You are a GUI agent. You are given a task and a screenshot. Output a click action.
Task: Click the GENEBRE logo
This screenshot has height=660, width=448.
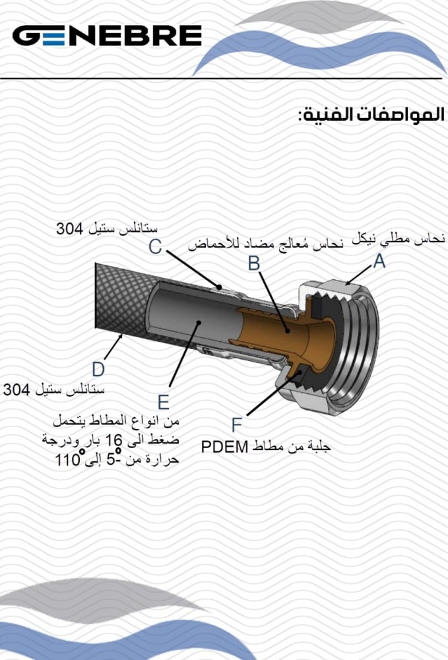pyautogui.click(x=107, y=36)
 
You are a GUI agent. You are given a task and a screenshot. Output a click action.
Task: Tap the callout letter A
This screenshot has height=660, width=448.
pyautogui.click(x=379, y=262)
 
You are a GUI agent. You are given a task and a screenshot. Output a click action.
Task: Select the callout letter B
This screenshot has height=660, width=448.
pyautogui.click(x=254, y=263)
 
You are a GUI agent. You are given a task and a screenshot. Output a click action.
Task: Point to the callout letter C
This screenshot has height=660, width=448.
pyautogui.click(x=155, y=247)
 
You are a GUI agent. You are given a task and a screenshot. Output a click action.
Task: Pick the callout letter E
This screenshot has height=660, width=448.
pyautogui.click(x=163, y=402)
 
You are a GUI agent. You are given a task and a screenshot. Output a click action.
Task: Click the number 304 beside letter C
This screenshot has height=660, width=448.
pyautogui.click(x=68, y=230)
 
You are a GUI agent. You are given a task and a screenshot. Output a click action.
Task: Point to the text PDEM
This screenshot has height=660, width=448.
pyautogui.click(x=224, y=447)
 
